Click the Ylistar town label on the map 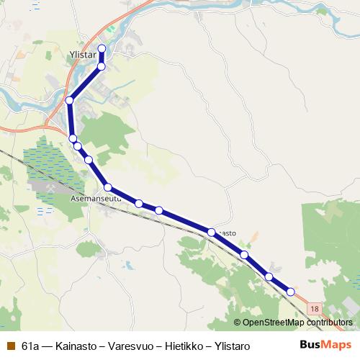[84, 55]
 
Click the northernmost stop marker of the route [102, 49]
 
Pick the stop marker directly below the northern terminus [102, 66]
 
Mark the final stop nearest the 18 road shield [291, 292]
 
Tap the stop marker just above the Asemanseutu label [107, 187]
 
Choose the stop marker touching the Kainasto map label [211, 232]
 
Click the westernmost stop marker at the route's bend [69, 101]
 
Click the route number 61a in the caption [31, 346]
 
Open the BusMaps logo [325, 345]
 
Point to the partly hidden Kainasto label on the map [226, 233]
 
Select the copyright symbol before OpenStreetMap [237, 323]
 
